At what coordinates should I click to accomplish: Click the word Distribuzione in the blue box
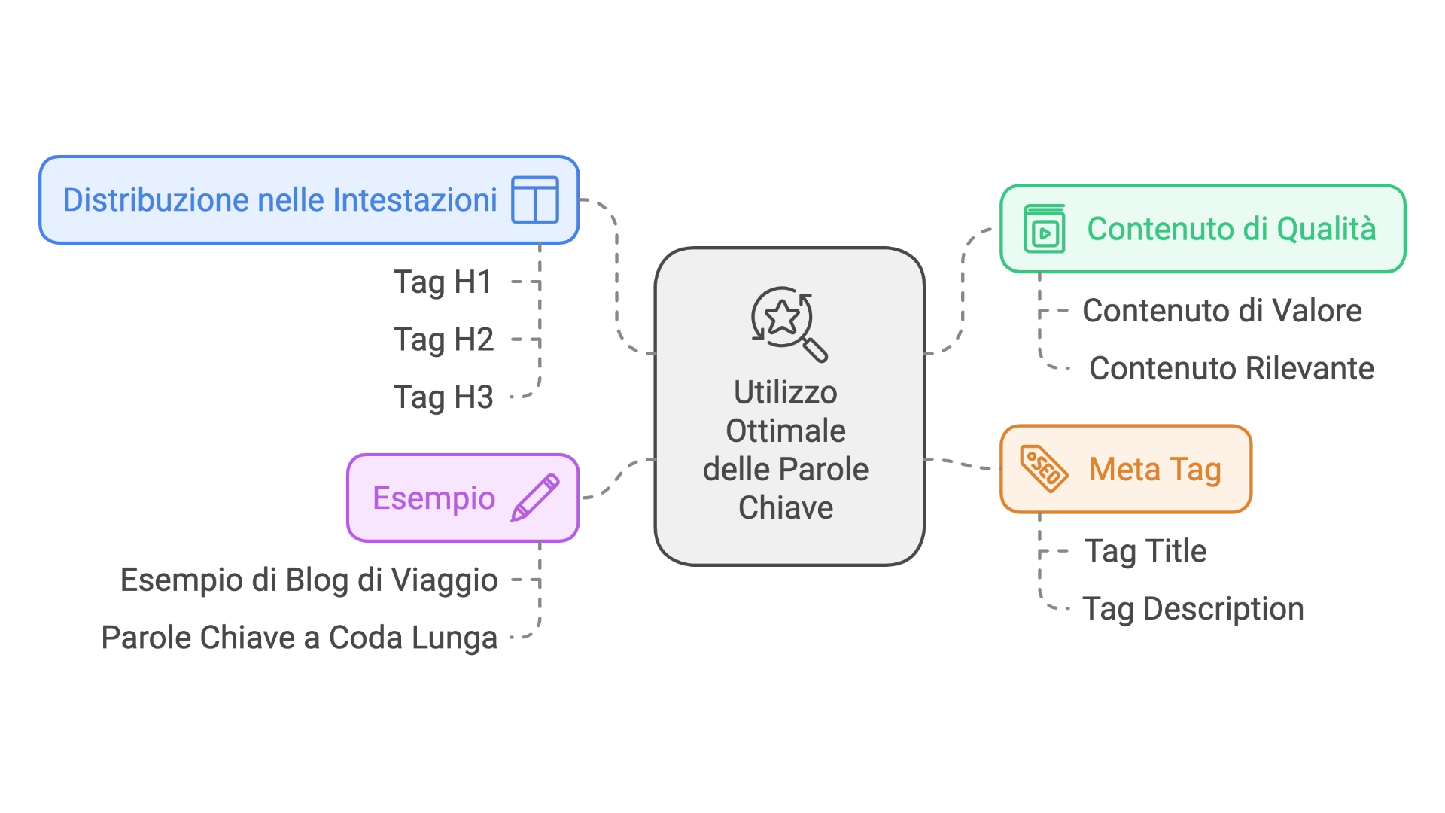click(156, 200)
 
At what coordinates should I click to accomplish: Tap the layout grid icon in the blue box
click(534, 199)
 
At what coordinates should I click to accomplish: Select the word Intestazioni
click(415, 200)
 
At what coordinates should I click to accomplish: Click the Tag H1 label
click(443, 281)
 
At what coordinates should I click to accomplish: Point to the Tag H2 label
click(444, 340)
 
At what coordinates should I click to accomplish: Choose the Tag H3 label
click(443, 395)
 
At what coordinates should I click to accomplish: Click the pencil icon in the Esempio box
click(535, 498)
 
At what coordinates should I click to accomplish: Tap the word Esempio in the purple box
click(433, 498)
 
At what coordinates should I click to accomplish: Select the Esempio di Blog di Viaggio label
click(309, 582)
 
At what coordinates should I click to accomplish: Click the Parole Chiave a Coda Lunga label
click(300, 637)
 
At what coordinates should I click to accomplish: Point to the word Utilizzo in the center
click(785, 393)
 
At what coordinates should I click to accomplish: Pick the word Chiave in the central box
click(785, 508)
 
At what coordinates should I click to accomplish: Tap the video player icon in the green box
click(1044, 229)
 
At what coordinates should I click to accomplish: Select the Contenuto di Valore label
click(1222, 311)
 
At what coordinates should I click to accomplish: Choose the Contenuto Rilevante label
click(1233, 369)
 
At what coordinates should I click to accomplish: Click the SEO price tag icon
click(1043, 468)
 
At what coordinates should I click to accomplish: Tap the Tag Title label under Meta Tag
click(1147, 553)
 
